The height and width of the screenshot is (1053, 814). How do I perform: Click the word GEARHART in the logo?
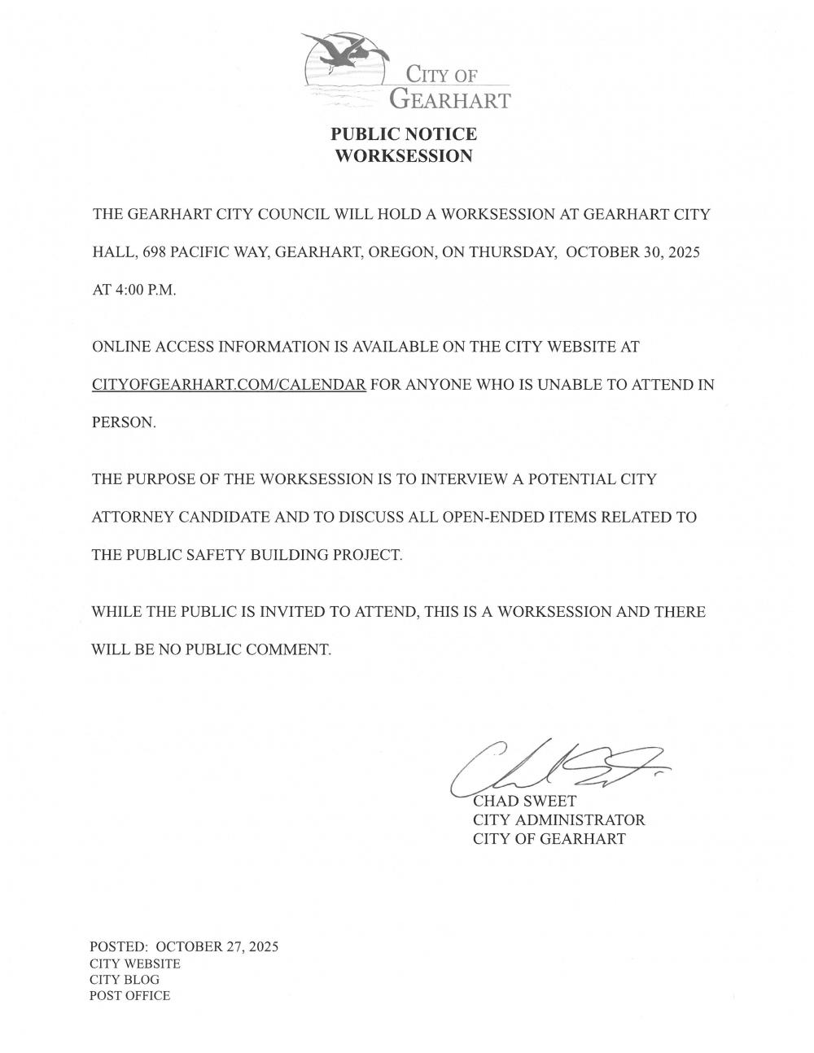[x=449, y=100]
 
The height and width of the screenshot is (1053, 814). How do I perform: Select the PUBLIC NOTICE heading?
[x=404, y=134]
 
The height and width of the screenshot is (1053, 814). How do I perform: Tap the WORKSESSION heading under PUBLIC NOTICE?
[x=404, y=156]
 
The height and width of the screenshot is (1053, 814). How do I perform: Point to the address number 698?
[x=155, y=252]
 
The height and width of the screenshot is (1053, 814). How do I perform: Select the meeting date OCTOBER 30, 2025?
[x=632, y=252]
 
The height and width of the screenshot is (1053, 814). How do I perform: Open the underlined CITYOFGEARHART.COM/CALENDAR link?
[x=229, y=385]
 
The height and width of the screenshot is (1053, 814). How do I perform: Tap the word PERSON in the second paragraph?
[x=123, y=423]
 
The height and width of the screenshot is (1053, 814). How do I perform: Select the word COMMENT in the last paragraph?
[x=293, y=649]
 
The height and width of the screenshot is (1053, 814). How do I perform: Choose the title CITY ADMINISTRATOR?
[x=558, y=820]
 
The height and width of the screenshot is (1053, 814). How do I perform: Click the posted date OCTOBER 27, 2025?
[x=217, y=946]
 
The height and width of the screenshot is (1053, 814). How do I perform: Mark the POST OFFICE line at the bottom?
[x=129, y=996]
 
